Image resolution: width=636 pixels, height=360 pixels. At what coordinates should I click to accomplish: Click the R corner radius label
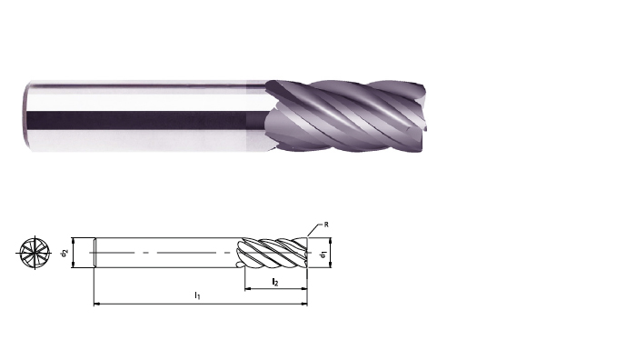[x=326, y=225]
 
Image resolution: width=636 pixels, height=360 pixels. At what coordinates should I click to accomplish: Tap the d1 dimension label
[x=323, y=255]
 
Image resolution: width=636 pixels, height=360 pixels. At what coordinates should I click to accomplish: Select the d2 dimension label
[x=65, y=254]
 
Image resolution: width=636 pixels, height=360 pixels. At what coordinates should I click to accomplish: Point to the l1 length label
[x=197, y=295]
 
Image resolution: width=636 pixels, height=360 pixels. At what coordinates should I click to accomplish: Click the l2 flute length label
[x=275, y=282]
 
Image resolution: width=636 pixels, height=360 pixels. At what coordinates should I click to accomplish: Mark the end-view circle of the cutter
[x=35, y=253]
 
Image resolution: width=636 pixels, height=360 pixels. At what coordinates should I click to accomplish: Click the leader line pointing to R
[x=314, y=230]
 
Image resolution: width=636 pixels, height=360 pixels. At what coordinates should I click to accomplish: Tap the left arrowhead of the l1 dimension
[x=96, y=303]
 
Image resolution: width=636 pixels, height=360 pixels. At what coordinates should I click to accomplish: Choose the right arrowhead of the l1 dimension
[x=304, y=303]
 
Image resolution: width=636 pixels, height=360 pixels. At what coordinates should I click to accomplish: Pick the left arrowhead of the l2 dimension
[x=248, y=289]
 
